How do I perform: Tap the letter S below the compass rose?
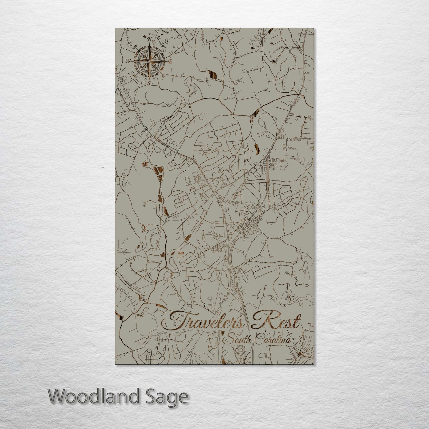(x=149, y=83)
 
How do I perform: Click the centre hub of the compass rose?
(x=149, y=61)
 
